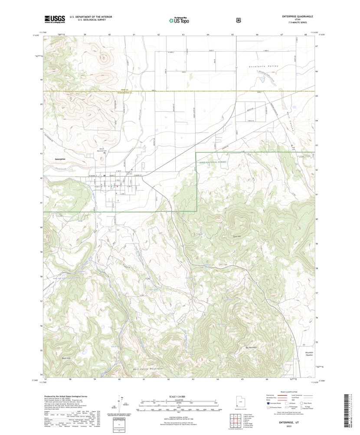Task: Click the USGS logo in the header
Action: click(54, 19)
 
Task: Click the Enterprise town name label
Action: click(63, 158)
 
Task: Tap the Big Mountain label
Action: click(251, 347)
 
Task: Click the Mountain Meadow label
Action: click(309, 354)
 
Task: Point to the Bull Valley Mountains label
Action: click(147, 369)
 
